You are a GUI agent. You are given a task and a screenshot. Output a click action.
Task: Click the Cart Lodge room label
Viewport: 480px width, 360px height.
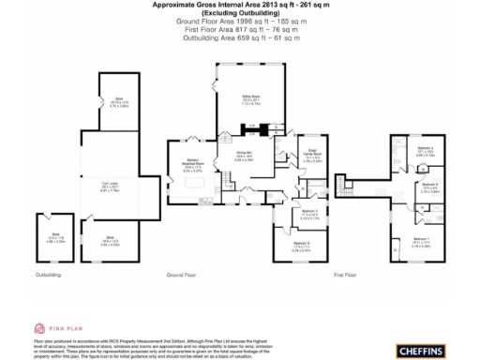click(x=118, y=187)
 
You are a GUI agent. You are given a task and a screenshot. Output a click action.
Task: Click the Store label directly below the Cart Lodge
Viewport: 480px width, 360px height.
click(x=110, y=239)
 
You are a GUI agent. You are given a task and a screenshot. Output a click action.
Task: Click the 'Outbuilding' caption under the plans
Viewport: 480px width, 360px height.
click(x=49, y=276)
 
